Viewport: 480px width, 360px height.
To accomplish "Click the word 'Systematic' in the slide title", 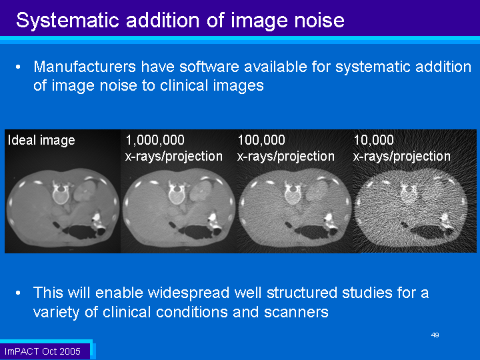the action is point(67,21).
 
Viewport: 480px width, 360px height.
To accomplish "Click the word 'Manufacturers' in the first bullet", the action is point(85,67).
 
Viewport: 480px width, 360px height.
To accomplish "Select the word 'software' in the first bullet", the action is point(209,67).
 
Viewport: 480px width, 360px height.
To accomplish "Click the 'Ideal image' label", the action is point(41,141).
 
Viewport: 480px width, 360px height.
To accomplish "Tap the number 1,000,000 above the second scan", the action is point(155,140).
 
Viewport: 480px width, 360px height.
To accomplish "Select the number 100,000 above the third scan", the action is point(261,140).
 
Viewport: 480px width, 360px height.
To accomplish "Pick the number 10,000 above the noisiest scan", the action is point(373,140).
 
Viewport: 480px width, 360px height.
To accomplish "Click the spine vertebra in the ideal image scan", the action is point(61,193).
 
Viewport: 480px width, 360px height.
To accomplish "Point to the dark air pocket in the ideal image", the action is point(81,232).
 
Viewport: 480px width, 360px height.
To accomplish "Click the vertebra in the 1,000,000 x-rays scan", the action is point(177,193).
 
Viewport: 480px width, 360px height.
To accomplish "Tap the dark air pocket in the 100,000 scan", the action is point(312,232).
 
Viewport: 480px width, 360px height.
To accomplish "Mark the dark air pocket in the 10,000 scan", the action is point(427,232).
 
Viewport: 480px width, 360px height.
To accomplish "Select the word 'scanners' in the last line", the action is point(296,313).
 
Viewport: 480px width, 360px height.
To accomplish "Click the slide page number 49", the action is point(435,335).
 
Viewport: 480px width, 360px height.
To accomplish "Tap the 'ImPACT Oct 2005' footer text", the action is point(42,351).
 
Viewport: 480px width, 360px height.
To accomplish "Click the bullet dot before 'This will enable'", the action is point(18,293).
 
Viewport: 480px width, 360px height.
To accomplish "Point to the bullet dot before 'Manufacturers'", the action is point(18,67).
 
